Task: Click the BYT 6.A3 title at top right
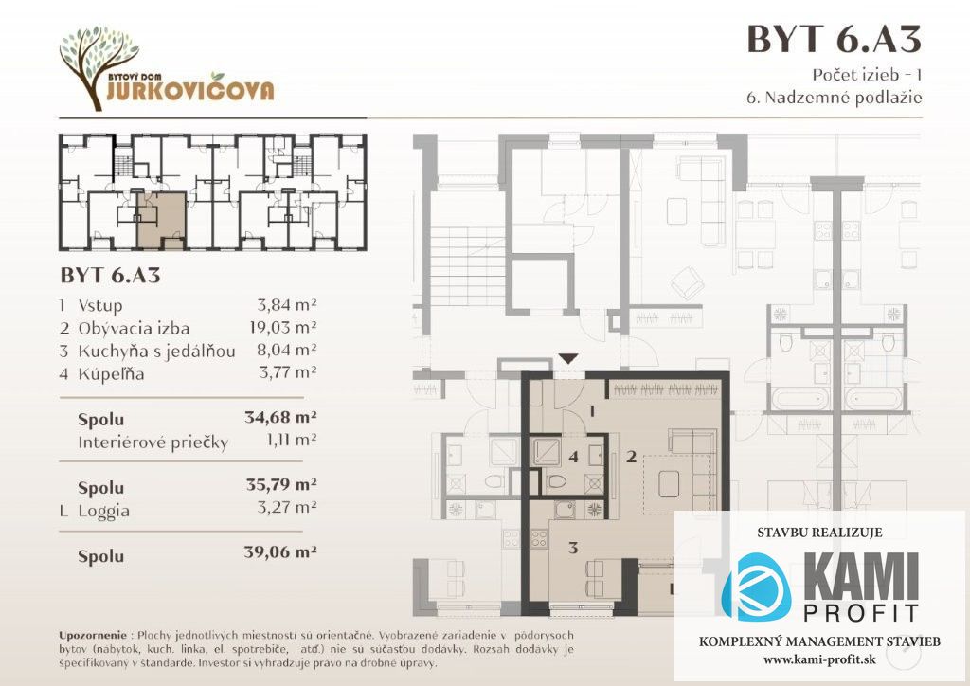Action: click(834, 39)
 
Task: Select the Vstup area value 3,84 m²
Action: click(287, 304)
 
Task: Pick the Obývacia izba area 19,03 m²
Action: click(283, 327)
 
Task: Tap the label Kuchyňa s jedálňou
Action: click(156, 352)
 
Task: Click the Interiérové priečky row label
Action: click(153, 442)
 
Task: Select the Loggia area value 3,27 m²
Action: click(287, 508)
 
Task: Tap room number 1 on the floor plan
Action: click(592, 410)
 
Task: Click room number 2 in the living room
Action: click(631, 457)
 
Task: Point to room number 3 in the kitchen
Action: click(573, 548)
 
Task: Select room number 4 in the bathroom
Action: click(573, 457)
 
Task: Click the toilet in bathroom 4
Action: click(557, 481)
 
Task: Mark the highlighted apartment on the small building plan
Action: click(161, 219)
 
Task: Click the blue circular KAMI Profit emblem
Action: click(757, 587)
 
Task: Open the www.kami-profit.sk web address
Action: click(819, 659)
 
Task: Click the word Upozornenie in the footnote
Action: click(92, 635)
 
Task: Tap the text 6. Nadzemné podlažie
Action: click(834, 98)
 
